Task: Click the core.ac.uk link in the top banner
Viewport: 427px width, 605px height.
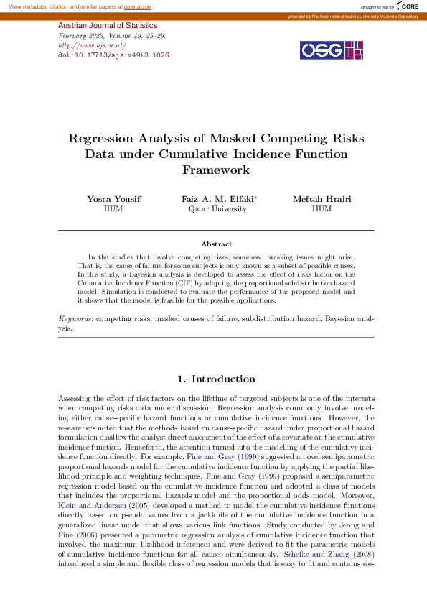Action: [x=137, y=6]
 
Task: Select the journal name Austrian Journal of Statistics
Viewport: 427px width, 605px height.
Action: [x=107, y=26]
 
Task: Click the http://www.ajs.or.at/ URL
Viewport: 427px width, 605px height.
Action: [x=92, y=45]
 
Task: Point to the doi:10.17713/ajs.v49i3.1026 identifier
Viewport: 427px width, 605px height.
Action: [x=113, y=55]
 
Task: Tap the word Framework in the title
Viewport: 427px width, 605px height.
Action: [x=216, y=170]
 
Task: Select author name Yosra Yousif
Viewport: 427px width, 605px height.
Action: [x=113, y=198]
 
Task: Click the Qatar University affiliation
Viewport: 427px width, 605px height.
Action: [x=217, y=209]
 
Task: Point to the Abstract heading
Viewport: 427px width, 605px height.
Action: [x=216, y=244]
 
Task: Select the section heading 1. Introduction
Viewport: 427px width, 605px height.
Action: [x=216, y=379]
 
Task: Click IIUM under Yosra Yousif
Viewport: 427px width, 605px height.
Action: [x=113, y=209]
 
